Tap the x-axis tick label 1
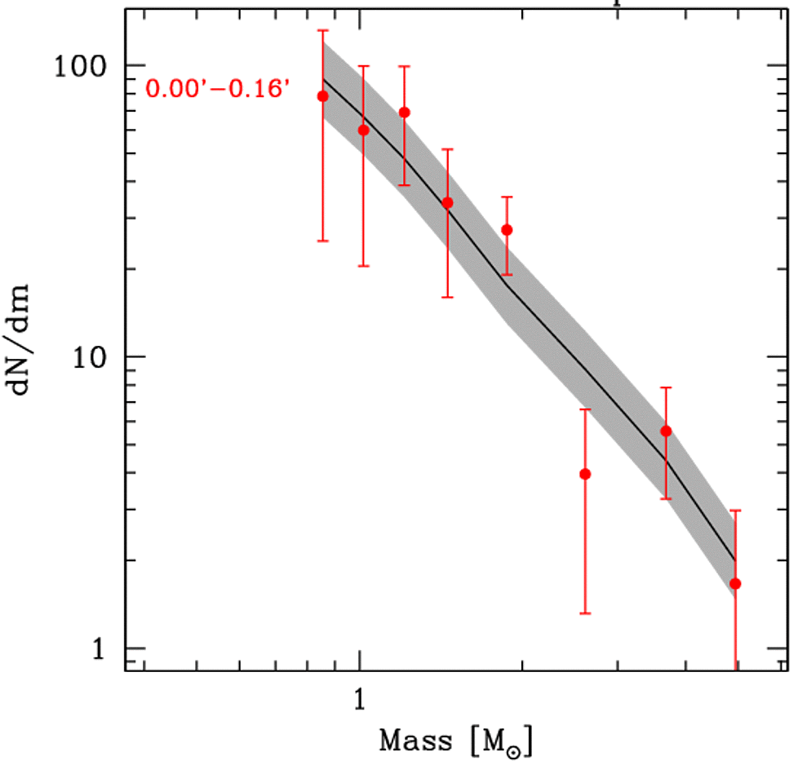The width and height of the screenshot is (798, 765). click(359, 700)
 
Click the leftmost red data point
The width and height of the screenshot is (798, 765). click(322, 96)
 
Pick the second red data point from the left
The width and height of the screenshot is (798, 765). click(363, 130)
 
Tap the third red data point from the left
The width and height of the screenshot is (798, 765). click(404, 112)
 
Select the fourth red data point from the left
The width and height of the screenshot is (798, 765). click(447, 202)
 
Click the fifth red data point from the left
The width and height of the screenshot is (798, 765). click(507, 230)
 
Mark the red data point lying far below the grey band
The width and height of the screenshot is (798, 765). click(584, 474)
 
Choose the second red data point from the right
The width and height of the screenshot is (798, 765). click(666, 431)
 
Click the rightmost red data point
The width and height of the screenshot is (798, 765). click(735, 583)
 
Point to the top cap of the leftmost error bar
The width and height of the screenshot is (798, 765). click(322, 30)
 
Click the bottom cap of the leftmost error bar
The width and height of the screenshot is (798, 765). click(322, 241)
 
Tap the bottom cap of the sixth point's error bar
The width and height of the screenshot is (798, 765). click(584, 612)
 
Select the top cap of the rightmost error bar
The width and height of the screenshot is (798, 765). click(735, 511)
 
